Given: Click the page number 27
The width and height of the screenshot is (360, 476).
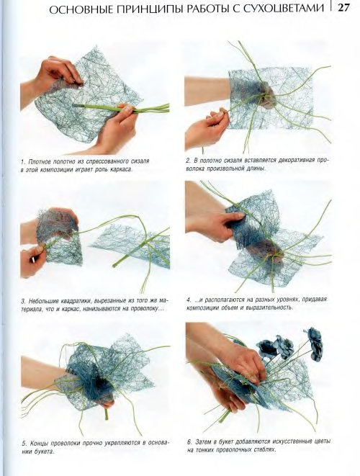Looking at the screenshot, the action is point(343,7).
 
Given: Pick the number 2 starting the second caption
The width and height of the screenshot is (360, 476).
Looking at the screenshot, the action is point(188,161).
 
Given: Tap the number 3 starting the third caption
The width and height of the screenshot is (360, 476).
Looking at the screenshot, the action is point(23,302).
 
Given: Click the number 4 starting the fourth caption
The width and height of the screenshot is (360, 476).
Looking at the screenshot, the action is point(189,300).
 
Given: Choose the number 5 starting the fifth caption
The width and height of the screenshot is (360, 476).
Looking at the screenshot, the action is point(24,444).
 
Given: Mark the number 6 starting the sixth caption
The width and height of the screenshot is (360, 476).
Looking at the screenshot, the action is point(189,441).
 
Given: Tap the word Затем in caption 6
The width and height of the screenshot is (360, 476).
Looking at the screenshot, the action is point(203,441).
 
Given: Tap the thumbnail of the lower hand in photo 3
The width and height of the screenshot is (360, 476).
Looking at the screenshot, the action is point(32,260).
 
